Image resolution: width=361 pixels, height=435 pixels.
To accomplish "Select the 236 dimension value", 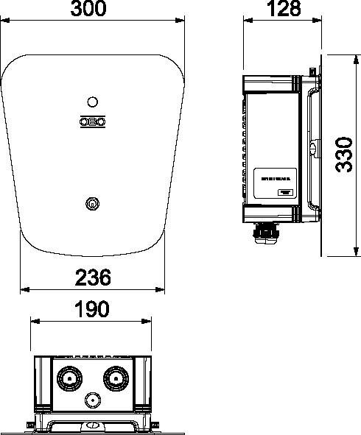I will click(93, 277).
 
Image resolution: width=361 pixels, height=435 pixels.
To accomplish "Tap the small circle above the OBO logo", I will click(92, 102).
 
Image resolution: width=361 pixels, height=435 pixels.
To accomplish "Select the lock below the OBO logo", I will click(91, 202).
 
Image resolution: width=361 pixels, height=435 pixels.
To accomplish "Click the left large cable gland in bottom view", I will click(68, 380).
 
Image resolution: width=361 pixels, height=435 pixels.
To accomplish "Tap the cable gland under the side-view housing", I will click(266, 234).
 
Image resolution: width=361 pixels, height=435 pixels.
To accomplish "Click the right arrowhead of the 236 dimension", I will click(162, 289).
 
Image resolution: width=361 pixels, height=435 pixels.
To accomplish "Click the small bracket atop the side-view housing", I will click(313, 71).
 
